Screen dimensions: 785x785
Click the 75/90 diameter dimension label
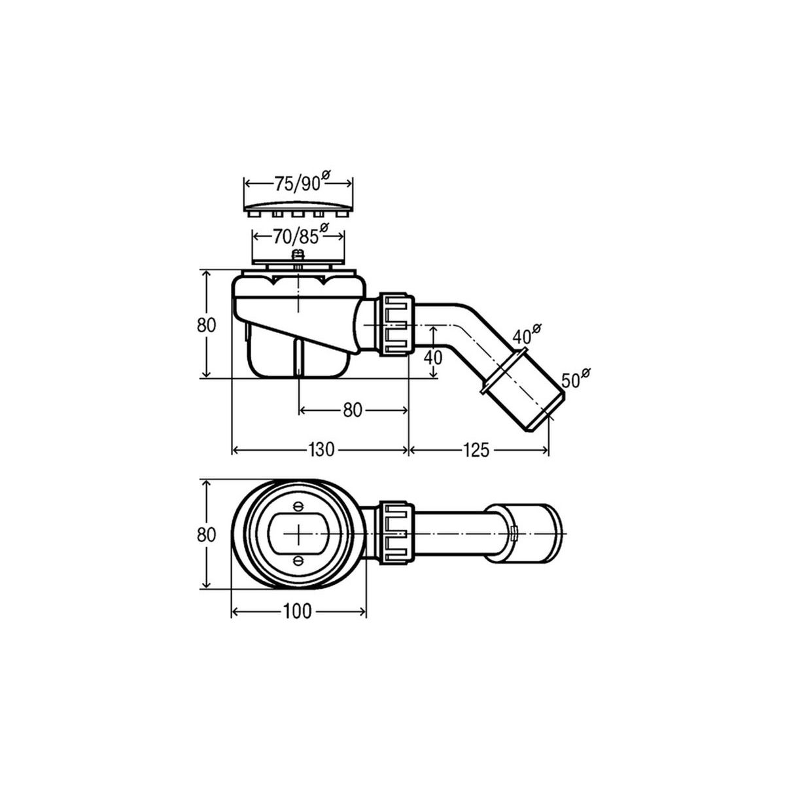(x=301, y=183)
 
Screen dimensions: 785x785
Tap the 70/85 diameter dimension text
(x=301, y=235)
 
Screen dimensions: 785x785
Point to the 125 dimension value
(x=476, y=450)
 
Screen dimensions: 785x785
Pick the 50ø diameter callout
(x=576, y=379)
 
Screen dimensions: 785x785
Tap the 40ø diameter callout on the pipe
(x=527, y=334)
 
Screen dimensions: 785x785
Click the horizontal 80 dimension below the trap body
(x=353, y=410)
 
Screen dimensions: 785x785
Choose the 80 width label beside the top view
(x=206, y=534)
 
